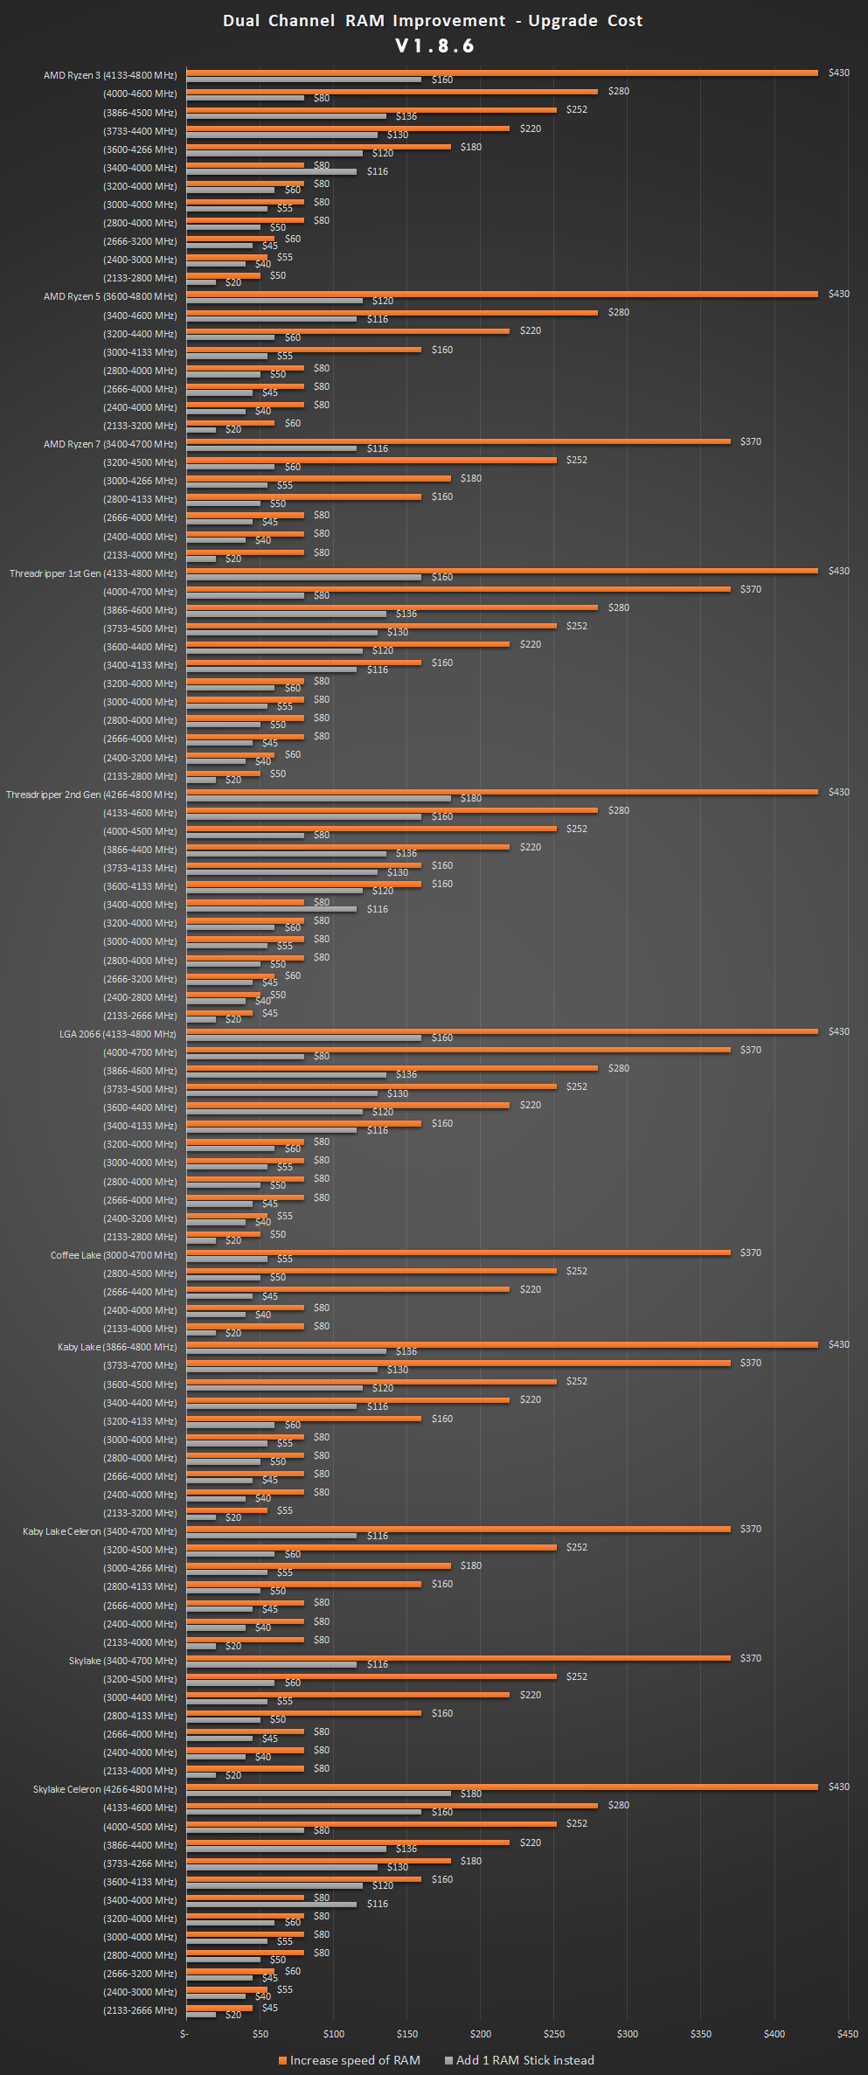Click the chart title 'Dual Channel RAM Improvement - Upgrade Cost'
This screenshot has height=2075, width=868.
point(433,21)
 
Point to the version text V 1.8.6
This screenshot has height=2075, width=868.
point(434,46)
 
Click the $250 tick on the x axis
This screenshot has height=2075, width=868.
point(553,2034)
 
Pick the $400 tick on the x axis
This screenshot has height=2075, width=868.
point(774,2034)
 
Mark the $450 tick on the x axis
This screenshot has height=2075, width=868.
point(847,2034)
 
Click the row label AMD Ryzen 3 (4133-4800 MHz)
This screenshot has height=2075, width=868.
point(110,75)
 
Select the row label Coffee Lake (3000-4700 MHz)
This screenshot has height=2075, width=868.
point(114,1255)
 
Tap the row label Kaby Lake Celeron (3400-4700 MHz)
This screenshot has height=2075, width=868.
point(100,1531)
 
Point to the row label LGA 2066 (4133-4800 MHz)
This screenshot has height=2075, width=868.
point(118,1034)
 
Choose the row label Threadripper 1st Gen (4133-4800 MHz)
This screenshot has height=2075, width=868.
point(93,573)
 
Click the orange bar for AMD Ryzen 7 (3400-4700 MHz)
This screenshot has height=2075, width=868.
point(458,441)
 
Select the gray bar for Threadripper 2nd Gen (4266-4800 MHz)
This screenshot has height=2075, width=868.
point(319,798)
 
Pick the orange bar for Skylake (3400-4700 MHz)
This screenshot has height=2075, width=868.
point(458,1657)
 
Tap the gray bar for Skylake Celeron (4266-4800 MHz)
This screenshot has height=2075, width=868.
point(319,1793)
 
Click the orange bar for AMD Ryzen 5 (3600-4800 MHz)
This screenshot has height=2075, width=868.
point(502,294)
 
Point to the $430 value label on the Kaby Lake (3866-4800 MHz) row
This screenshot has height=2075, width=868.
point(838,1344)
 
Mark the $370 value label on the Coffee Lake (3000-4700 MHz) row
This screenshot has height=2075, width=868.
point(750,1253)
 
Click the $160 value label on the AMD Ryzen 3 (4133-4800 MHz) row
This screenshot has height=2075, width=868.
point(442,80)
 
